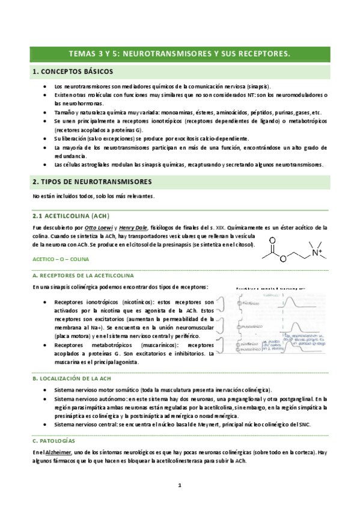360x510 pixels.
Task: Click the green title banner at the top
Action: (x=180, y=54)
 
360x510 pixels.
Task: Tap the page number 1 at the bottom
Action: (x=180, y=485)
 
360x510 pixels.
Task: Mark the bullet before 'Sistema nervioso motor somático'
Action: (x=46, y=390)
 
